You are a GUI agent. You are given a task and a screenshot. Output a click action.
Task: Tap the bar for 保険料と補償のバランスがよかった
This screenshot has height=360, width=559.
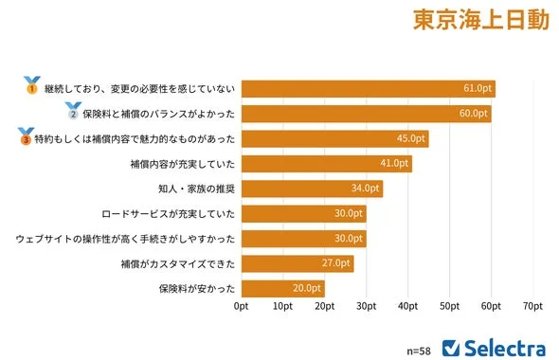[366, 114]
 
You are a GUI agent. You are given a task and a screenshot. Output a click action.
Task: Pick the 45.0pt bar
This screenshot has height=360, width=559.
[334, 139]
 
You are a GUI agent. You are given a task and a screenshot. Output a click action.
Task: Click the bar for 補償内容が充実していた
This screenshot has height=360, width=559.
[326, 164]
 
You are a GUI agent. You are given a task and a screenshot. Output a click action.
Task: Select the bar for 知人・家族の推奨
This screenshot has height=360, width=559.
[312, 189]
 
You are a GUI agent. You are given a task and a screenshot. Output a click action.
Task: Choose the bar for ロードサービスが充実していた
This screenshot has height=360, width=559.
[303, 213]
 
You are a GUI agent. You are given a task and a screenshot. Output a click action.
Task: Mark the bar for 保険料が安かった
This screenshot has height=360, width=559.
[282, 288]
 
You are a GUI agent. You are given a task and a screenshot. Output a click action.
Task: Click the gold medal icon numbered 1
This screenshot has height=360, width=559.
[31, 85]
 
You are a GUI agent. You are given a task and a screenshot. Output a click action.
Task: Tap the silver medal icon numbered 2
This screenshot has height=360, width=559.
[72, 111]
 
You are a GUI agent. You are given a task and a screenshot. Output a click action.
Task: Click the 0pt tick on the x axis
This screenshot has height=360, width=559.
[241, 307]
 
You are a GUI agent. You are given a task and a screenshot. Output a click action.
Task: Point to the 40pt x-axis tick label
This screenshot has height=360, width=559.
[407, 307]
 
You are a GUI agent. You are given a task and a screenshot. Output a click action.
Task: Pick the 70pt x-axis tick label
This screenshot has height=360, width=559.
[532, 307]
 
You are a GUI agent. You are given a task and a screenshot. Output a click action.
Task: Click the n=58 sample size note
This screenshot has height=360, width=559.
[418, 350]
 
